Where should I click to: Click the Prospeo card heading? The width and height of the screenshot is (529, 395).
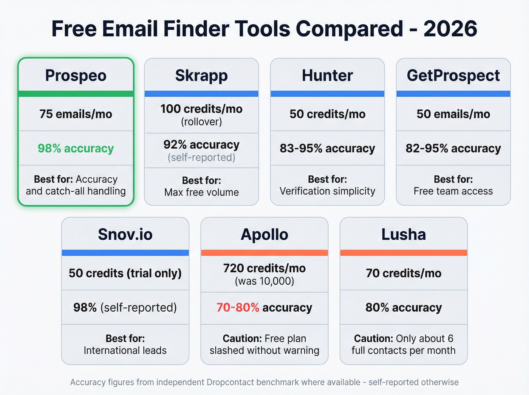click(76, 76)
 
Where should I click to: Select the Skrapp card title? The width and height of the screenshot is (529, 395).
click(201, 76)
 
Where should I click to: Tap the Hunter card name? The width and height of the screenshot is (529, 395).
click(327, 76)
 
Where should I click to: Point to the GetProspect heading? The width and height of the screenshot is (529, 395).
click(453, 76)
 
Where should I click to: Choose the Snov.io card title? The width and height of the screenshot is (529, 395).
click(125, 235)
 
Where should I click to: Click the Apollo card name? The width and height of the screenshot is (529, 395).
click(264, 235)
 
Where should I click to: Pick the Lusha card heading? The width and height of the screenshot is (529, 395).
click(404, 235)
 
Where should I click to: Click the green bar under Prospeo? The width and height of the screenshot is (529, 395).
click(76, 94)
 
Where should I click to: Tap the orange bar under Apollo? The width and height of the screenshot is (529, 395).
click(264, 253)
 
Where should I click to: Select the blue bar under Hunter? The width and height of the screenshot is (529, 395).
click(327, 94)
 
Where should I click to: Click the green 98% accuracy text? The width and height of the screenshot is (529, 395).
click(76, 149)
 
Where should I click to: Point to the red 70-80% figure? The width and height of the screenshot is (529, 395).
click(238, 308)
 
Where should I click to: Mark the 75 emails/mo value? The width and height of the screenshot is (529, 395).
click(76, 114)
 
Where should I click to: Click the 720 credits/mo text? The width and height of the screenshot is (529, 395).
click(264, 268)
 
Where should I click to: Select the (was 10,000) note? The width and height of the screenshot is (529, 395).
click(264, 281)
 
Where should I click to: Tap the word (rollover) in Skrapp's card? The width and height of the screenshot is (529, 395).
click(201, 122)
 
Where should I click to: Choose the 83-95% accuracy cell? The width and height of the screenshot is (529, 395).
click(327, 149)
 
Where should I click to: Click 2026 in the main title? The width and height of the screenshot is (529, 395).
click(450, 29)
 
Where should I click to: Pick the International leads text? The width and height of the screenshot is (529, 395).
click(125, 350)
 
